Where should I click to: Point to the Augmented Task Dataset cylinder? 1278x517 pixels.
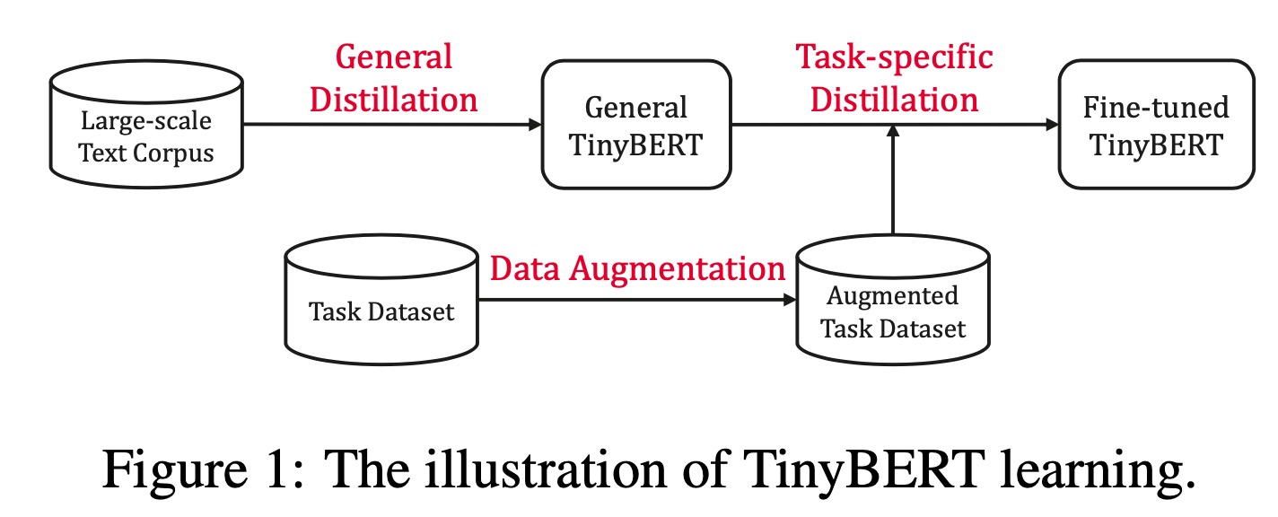click(892, 302)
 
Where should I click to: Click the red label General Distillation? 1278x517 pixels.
click(393, 78)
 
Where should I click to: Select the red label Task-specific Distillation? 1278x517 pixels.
click(895, 78)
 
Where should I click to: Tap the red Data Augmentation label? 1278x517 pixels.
click(637, 267)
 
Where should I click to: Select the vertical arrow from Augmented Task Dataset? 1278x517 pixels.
click(892, 184)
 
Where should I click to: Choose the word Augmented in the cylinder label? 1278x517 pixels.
click(892, 295)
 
